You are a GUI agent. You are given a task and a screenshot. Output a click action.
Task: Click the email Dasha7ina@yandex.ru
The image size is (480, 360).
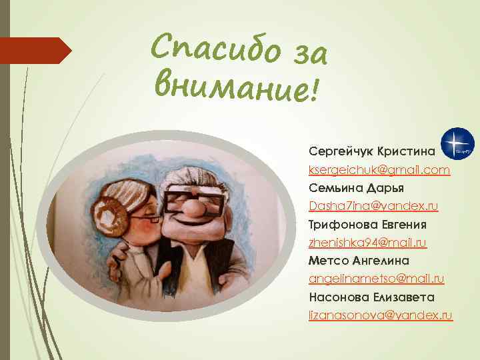click(373, 207)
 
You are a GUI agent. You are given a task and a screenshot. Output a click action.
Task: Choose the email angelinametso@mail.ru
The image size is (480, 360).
click(377, 278)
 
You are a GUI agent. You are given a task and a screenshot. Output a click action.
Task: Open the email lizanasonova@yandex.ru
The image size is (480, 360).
click(381, 314)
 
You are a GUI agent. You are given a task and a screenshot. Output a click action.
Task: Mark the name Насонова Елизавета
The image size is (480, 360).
click(371, 296)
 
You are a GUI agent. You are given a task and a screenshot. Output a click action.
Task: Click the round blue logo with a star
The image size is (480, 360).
click(458, 143)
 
